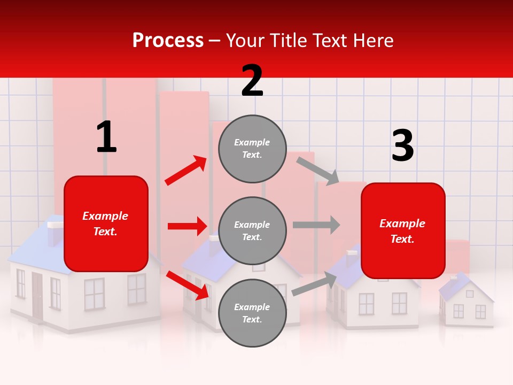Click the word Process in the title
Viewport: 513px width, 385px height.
pos(168,40)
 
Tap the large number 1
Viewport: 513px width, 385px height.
pos(106,137)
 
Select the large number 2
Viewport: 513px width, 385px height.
pos(252,81)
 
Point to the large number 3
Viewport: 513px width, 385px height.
pos(403,146)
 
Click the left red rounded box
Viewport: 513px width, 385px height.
pos(106,224)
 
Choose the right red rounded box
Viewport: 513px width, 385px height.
pos(403,230)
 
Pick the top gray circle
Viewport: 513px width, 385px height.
pos(252,149)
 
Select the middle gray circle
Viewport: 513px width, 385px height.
pos(252,230)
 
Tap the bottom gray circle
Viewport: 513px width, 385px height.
pos(252,313)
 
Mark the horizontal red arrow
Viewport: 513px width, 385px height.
pos(187,226)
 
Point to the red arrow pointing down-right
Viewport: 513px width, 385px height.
pos(187,285)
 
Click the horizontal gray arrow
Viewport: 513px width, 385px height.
pos(316,225)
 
